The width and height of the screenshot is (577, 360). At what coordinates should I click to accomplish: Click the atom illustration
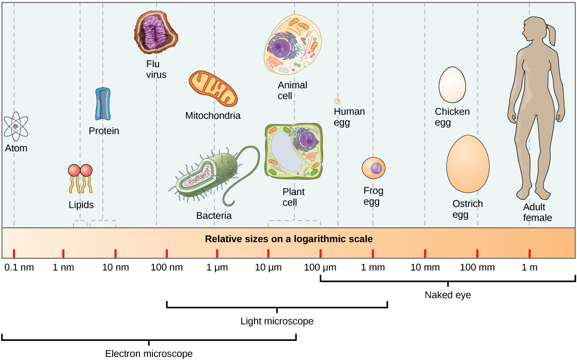point(16,127)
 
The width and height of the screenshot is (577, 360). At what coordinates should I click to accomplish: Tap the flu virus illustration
point(156,32)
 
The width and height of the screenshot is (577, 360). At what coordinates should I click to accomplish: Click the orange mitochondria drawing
point(213,89)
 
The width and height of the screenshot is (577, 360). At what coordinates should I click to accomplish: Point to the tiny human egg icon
point(337,101)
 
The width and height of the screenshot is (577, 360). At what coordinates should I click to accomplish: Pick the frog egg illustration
point(373,169)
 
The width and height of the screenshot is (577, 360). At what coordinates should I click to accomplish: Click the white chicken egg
point(453,85)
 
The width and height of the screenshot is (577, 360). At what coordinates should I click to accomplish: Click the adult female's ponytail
point(553,36)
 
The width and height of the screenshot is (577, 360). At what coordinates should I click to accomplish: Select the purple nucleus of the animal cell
point(282,49)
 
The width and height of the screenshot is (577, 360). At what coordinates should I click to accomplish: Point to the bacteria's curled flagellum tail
point(243,176)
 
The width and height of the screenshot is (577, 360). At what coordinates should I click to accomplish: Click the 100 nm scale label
point(166,268)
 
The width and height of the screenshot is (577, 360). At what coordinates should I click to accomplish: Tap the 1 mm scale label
point(372,268)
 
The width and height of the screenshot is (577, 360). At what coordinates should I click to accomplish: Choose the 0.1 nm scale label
point(19,268)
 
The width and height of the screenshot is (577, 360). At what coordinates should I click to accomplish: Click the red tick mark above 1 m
point(529,253)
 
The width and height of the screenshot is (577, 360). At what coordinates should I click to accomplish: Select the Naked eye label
point(447,295)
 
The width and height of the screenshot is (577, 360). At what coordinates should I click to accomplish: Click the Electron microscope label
point(149,354)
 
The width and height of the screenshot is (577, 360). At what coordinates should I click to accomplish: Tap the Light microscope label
point(277,321)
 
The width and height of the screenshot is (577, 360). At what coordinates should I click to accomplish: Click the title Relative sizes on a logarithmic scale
point(289,239)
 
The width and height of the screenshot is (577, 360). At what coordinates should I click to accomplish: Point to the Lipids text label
point(81,205)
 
